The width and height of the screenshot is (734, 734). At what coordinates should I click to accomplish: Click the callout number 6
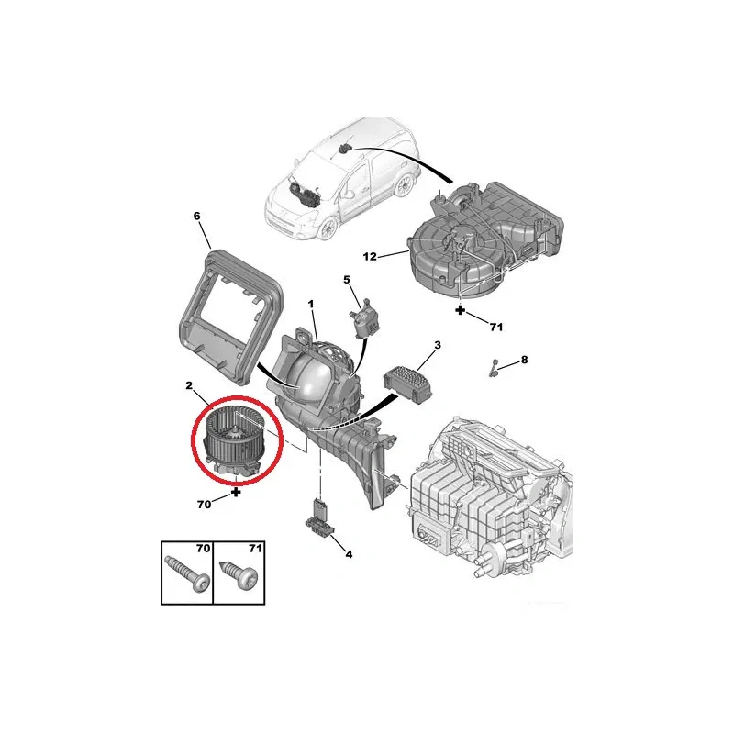tap(196, 217)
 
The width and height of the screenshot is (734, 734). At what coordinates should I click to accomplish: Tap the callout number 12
tap(370, 257)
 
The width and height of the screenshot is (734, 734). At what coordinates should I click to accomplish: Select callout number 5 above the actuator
tap(347, 280)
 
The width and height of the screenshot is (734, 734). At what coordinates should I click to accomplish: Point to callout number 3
tap(438, 346)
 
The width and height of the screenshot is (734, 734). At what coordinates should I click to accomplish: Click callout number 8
tap(524, 360)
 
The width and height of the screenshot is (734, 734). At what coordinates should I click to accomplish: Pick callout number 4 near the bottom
tap(349, 555)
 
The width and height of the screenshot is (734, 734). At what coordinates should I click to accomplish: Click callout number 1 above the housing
tap(311, 305)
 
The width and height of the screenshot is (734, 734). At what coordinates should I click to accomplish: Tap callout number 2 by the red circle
tap(189, 385)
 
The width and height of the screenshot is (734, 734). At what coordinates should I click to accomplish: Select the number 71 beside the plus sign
tap(495, 327)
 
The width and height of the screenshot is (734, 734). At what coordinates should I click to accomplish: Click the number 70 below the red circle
tap(204, 504)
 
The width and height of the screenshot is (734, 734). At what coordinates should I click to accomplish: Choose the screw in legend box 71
tap(238, 572)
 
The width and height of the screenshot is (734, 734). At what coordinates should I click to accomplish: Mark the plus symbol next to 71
tap(461, 309)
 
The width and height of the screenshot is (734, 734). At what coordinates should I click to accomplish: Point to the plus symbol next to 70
tap(237, 492)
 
